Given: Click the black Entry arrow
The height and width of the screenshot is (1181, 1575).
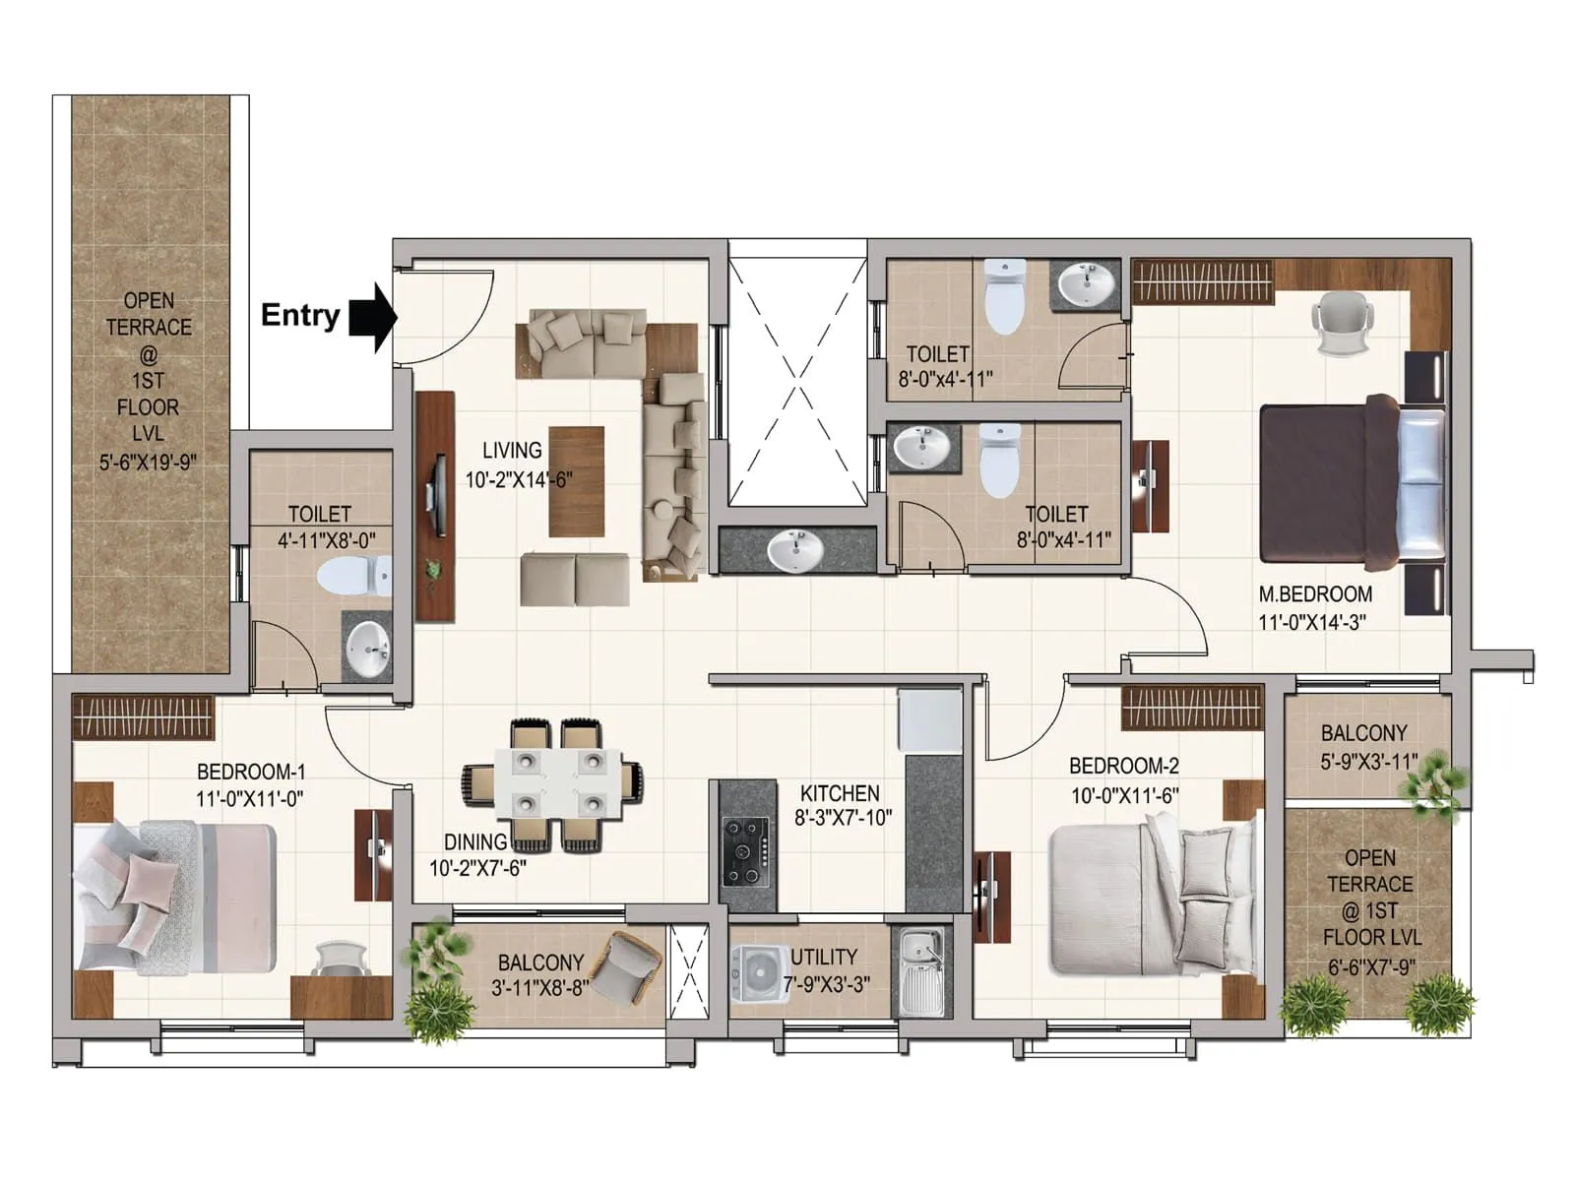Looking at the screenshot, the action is click(373, 317).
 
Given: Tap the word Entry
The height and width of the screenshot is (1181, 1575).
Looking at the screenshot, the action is click(300, 316).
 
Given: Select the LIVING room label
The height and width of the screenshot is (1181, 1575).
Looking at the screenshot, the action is click(512, 451).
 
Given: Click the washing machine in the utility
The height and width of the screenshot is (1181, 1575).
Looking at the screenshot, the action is click(758, 974).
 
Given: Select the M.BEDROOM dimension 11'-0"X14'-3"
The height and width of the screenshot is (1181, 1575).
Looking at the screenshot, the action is click(1311, 622).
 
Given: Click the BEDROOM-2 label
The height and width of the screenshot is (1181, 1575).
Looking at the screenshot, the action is click(1124, 766).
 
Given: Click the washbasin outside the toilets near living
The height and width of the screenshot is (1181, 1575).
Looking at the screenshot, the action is click(795, 551).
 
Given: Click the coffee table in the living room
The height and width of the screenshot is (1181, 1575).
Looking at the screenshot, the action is click(576, 481).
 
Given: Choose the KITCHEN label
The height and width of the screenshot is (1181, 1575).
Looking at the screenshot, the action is click(840, 793).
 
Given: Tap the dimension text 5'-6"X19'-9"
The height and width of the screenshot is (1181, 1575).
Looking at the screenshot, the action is click(148, 462).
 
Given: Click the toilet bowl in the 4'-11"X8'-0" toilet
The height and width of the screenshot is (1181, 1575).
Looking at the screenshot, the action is click(354, 575).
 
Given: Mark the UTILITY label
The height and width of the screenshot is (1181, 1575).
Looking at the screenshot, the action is click(824, 957).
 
